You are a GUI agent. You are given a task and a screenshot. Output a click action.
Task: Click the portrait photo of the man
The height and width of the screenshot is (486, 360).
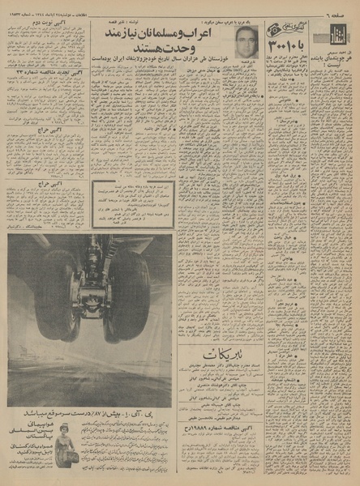[x=246, y=41]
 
